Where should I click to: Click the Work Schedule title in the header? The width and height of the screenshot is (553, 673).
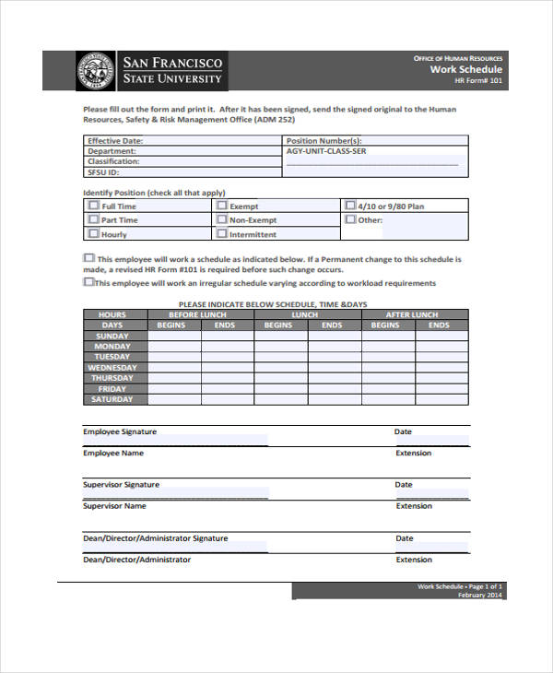[x=465, y=69]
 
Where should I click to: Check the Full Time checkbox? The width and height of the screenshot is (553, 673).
[x=93, y=207]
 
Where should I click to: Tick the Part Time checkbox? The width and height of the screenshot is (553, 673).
[x=93, y=220]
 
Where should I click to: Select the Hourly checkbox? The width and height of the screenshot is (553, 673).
[x=93, y=234]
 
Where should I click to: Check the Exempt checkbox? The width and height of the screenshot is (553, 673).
[x=221, y=207]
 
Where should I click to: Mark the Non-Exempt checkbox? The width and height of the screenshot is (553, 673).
[x=221, y=220]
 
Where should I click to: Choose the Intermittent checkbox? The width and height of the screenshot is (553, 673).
[x=221, y=234]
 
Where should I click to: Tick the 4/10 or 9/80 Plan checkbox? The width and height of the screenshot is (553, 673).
[x=350, y=207]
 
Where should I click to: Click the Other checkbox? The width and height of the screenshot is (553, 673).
[x=350, y=220]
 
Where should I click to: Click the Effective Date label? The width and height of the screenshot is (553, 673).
[x=115, y=141]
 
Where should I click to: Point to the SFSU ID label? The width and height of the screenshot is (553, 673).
[x=103, y=171]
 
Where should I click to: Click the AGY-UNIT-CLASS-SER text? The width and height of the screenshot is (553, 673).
[x=326, y=151]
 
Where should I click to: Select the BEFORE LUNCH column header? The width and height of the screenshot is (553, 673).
[x=197, y=314]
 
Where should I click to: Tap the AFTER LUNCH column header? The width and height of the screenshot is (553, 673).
[x=412, y=314]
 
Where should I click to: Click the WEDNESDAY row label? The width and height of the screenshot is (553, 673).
[x=112, y=367]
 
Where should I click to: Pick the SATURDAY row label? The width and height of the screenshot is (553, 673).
[x=112, y=399]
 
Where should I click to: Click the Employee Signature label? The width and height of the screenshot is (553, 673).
[x=120, y=431]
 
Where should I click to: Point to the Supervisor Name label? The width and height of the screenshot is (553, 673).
[x=115, y=505]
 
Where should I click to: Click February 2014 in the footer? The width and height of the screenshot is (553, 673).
[x=480, y=596]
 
